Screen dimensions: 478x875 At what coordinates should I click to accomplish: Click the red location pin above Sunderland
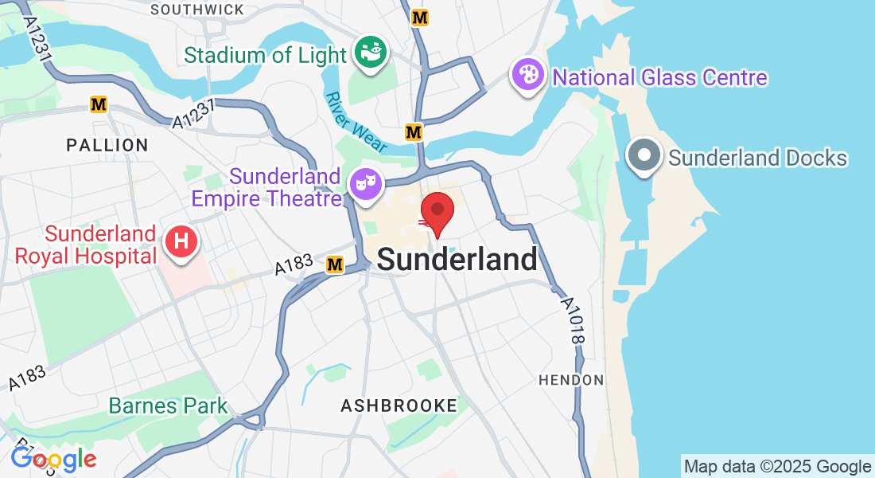[x=437, y=211]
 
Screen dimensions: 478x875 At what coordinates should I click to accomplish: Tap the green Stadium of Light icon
[x=370, y=53]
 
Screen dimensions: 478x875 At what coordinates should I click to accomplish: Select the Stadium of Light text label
[x=266, y=56]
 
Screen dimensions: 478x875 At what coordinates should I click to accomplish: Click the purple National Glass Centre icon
[x=528, y=76]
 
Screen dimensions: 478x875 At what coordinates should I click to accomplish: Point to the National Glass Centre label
[x=659, y=78]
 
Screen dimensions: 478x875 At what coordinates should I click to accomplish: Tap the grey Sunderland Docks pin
[x=644, y=155]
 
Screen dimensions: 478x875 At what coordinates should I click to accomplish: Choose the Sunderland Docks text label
[x=757, y=158]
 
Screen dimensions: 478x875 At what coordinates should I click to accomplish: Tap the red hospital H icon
[x=181, y=240]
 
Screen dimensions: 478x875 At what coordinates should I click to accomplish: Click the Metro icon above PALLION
[x=99, y=104]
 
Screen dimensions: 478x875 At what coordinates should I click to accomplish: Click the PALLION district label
[x=107, y=145]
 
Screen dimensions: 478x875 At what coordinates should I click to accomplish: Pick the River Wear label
[x=356, y=122]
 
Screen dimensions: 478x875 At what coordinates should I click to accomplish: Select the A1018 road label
[x=573, y=321]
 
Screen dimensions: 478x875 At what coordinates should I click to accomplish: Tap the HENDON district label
[x=571, y=380]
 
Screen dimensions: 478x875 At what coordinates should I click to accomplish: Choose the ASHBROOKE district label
[x=399, y=406]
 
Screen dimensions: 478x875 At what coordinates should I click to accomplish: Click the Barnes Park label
[x=168, y=406]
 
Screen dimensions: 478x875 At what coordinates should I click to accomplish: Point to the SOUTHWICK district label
[x=196, y=10]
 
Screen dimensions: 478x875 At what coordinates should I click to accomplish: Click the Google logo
[x=53, y=459]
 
